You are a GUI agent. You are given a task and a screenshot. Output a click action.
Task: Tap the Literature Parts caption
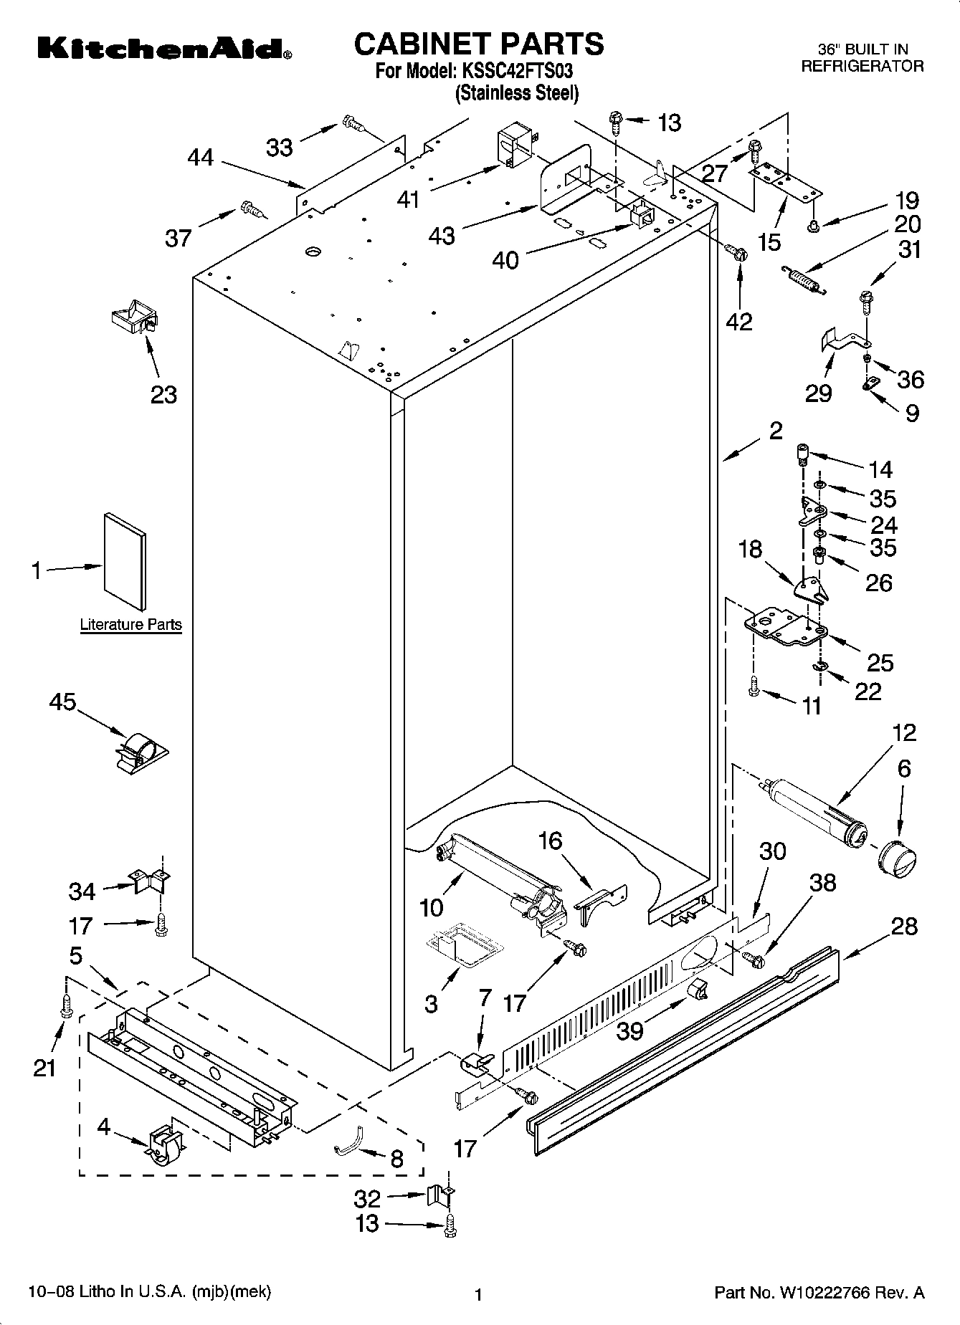pyautogui.click(x=130, y=624)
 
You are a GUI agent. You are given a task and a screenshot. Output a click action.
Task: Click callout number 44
pyautogui.click(x=200, y=157)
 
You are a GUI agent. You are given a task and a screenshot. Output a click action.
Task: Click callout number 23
pyautogui.click(x=163, y=394)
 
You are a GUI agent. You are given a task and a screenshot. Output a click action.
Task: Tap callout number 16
pyautogui.click(x=551, y=841)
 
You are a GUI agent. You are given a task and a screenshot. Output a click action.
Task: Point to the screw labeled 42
pyautogui.click(x=736, y=252)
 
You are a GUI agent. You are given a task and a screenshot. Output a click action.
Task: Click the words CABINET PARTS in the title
pyautogui.click(x=479, y=44)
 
